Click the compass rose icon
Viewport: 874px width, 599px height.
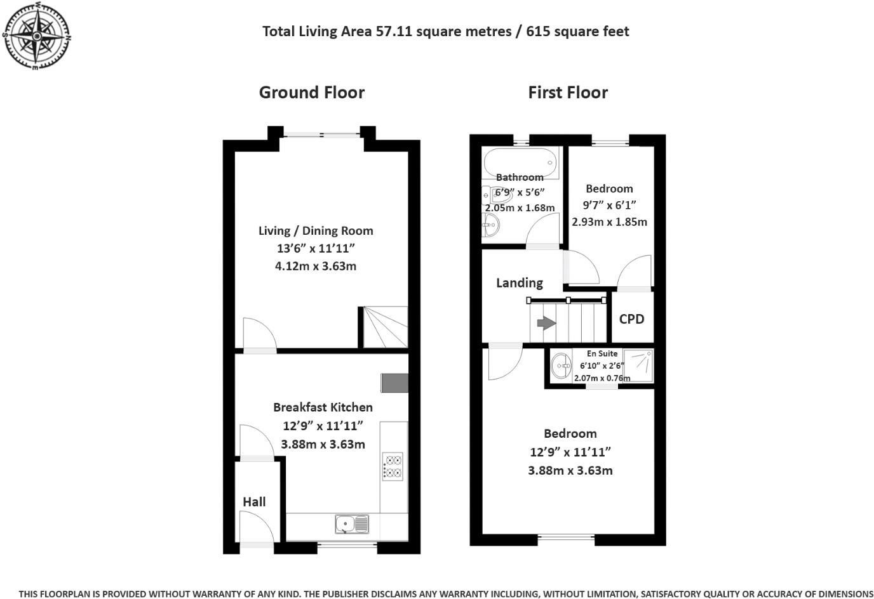coord(37,36)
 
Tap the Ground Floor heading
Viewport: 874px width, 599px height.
coord(311,93)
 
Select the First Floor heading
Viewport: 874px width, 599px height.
coord(568,93)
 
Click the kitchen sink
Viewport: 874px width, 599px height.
coord(351,523)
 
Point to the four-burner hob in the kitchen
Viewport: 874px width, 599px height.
coord(393,466)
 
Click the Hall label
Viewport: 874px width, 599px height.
coord(254,502)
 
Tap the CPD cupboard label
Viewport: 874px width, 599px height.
coord(631,319)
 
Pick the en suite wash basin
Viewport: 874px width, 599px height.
coord(561,365)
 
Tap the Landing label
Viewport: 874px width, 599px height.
coord(520,283)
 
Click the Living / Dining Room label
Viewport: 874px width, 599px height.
coord(316,231)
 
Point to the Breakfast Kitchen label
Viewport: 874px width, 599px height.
coord(323,407)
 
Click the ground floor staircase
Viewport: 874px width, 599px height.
coord(385,327)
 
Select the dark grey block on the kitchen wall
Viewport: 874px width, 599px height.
coord(394,383)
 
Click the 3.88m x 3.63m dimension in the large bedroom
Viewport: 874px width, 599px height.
coord(570,471)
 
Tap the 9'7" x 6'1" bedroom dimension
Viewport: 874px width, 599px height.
coord(609,205)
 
